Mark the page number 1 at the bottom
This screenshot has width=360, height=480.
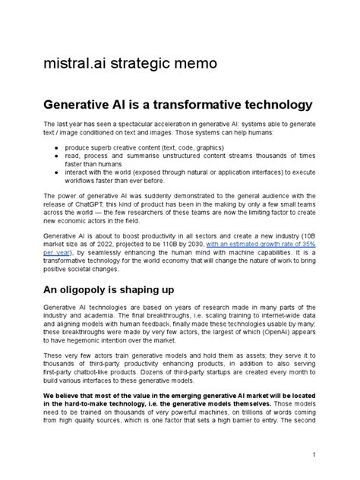point(313,455)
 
